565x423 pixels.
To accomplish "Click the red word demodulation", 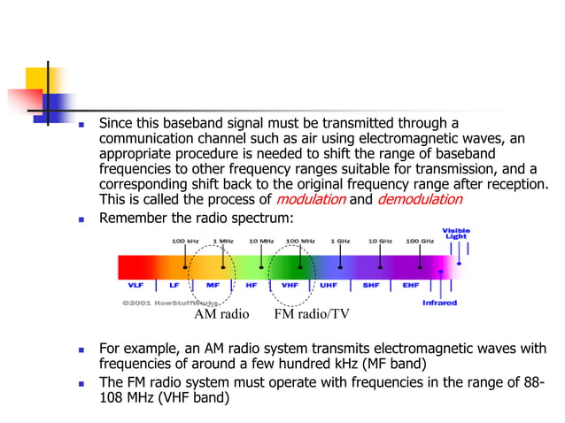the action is click(419, 199).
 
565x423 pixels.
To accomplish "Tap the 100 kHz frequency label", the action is click(185, 240).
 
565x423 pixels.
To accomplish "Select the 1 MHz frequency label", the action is click(223, 240).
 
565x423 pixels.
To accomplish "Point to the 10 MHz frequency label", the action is click(261, 240).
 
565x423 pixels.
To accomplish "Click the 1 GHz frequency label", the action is click(340, 240).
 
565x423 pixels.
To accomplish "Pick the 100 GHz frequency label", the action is click(419, 240).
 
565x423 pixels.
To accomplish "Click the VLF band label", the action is click(136, 287).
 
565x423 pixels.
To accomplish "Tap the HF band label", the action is click(252, 287).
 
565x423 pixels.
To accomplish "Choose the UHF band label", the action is click(329, 287).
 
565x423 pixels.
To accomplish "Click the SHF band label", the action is click(371, 287).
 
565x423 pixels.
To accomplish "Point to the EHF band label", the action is click(410, 287).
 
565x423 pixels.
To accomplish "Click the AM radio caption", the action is click(221, 314).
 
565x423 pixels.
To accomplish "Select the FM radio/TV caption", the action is click(311, 314).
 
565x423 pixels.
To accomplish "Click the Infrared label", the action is click(439, 303).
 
